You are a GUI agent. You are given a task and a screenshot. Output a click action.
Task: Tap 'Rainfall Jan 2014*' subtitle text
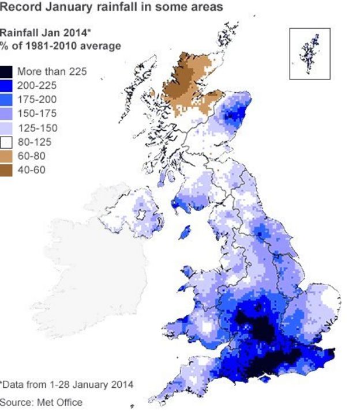[43, 33]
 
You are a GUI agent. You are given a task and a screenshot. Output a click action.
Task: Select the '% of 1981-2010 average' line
[60, 46]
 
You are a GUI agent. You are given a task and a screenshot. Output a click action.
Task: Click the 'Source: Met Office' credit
[41, 402]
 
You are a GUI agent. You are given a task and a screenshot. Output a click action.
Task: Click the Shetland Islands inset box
[310, 53]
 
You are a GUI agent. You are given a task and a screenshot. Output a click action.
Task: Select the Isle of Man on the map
[186, 232]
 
